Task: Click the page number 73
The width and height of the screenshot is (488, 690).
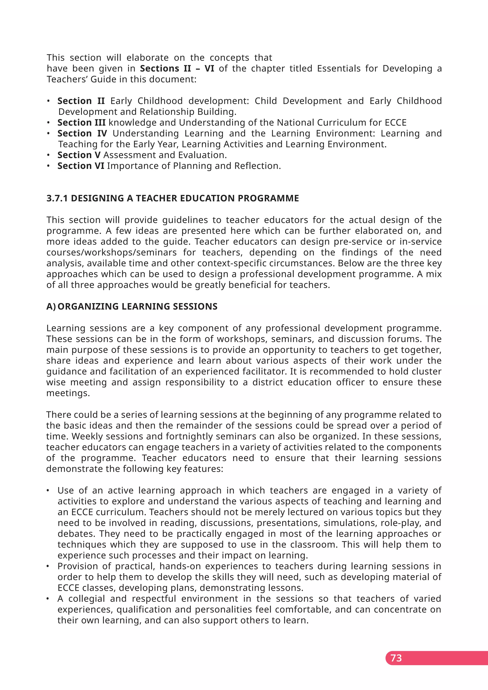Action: point(396,658)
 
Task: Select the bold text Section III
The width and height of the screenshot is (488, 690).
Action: point(81,123)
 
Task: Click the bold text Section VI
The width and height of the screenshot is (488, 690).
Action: point(81,166)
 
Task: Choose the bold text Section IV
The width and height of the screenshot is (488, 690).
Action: point(82,133)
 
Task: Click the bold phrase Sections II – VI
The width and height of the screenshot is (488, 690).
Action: point(177,69)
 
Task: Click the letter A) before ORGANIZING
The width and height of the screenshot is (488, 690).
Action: point(51,307)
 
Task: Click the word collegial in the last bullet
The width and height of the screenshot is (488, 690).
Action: point(86,599)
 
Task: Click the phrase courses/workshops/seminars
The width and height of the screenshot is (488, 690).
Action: point(112,253)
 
